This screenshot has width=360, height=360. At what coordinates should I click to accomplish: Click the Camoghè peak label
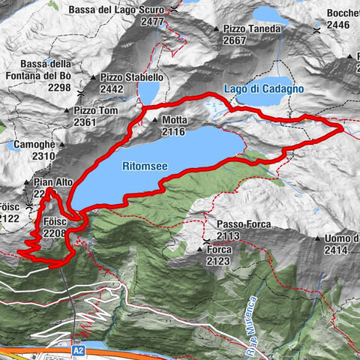[32, 144]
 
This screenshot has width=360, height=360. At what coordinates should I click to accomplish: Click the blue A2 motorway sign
[79, 350]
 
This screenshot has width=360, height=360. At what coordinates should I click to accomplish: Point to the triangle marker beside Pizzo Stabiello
[94, 77]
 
